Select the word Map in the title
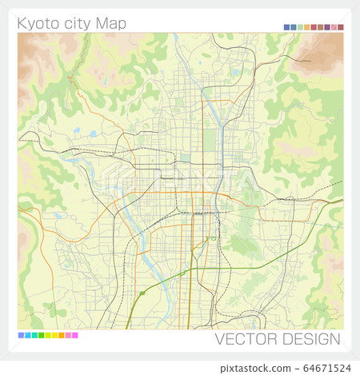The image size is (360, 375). [111, 23]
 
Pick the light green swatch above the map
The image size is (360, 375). [300, 27]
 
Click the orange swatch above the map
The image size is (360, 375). [307, 27]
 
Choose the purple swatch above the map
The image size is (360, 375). [327, 27]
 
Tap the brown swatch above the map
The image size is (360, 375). [320, 27]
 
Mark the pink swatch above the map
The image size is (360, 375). [334, 27]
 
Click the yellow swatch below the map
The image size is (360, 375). [54, 335]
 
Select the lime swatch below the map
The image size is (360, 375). [48, 335]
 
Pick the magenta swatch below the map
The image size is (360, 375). [75, 335]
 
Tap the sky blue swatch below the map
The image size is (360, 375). [27, 335]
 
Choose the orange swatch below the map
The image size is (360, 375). [62, 335]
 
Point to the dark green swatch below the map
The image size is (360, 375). [41, 335]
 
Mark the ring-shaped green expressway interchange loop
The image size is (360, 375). [214, 238]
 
